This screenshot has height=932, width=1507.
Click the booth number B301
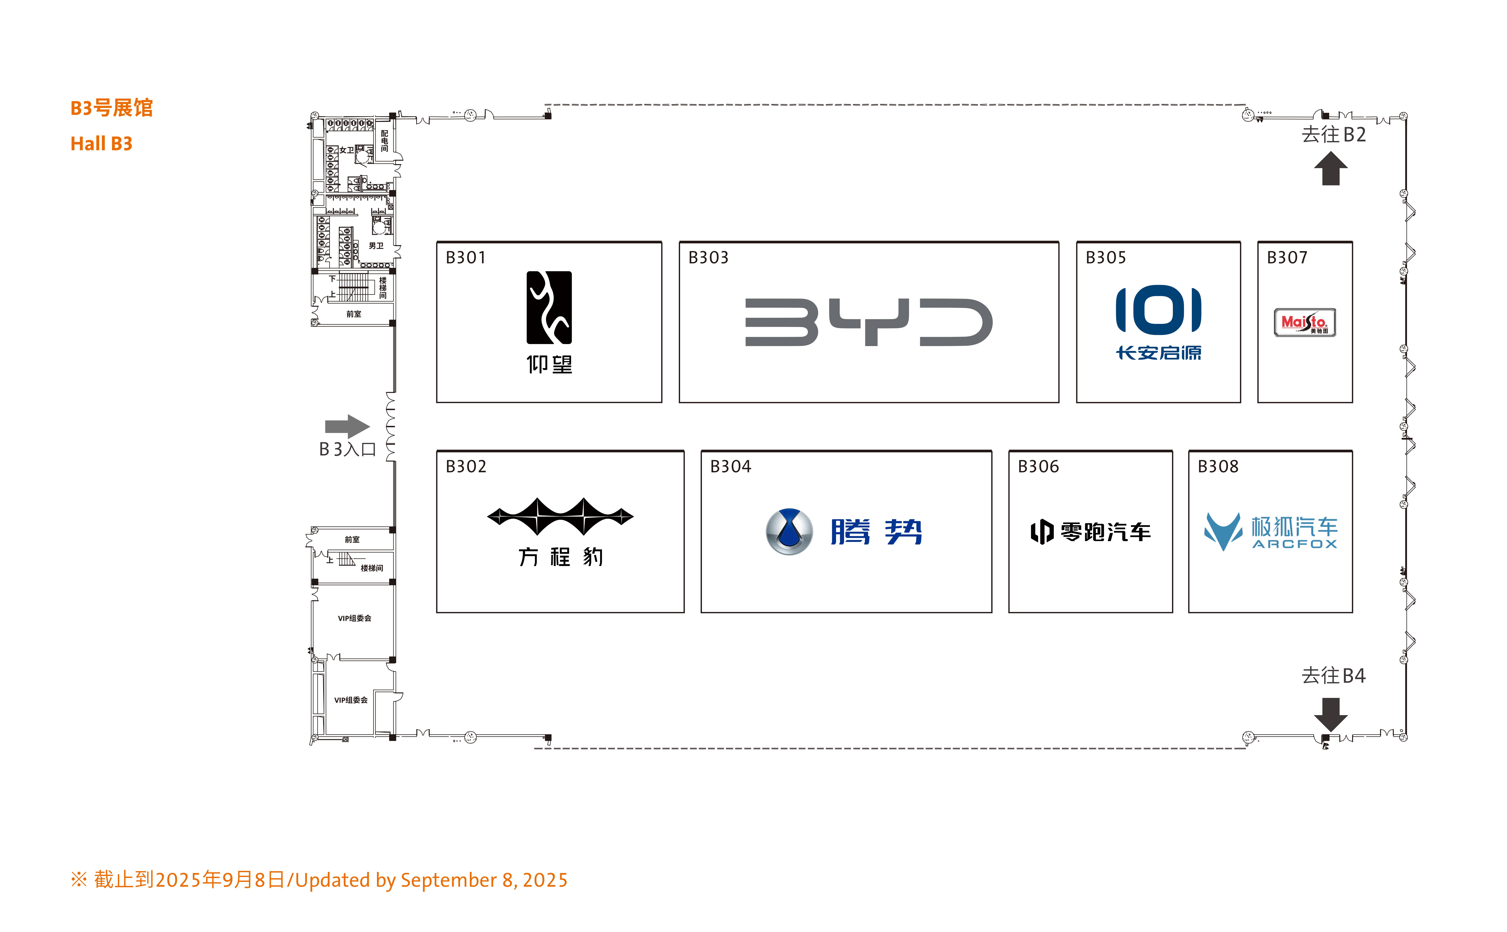coord(466,258)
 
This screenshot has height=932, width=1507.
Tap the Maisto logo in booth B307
coord(1305,322)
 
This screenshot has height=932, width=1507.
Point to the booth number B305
coord(1105,258)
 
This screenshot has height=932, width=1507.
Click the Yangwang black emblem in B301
coord(549,308)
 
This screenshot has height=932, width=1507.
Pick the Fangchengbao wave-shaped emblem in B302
coord(560,517)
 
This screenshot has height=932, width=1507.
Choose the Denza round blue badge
coord(789,531)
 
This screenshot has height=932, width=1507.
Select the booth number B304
coord(730,467)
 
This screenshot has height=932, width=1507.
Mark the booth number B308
coord(1218,467)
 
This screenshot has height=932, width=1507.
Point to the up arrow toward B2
coord(1331,168)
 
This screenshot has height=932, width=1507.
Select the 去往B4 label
coord(1334,676)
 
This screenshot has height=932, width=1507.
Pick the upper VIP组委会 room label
coord(355,618)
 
